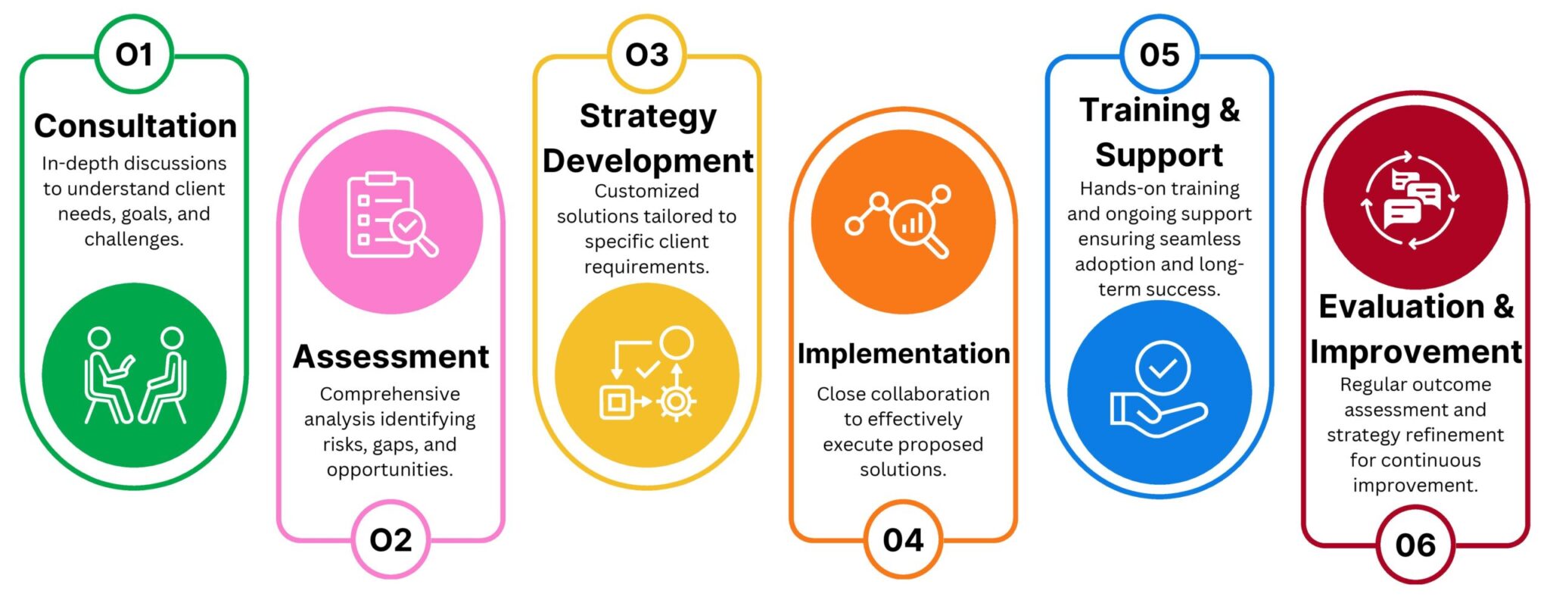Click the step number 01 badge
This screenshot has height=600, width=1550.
point(135,55)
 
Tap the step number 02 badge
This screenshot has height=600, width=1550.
point(391,539)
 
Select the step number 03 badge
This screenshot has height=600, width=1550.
point(647,55)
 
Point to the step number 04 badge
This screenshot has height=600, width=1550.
point(903,539)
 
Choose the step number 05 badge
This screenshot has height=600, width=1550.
point(1159,55)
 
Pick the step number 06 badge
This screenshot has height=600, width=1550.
point(1415,545)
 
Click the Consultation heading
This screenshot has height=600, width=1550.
point(135,126)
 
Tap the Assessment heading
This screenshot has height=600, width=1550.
point(391,356)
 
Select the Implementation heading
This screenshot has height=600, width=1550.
point(904,353)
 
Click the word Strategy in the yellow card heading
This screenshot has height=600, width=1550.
point(648,117)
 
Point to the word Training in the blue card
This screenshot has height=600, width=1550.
point(1145,111)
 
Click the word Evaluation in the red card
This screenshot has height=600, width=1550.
point(1401,306)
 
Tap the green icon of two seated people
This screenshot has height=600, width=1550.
point(135,375)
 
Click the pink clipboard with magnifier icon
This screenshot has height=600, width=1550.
point(391,221)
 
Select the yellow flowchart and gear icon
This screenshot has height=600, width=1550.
point(647,375)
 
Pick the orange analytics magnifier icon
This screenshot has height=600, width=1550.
point(903,221)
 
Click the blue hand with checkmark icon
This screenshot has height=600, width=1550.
point(1159,392)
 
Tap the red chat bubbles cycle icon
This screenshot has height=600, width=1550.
point(1415,197)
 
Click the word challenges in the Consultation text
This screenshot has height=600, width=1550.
point(134,240)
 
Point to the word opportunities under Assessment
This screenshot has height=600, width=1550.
point(390,470)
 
